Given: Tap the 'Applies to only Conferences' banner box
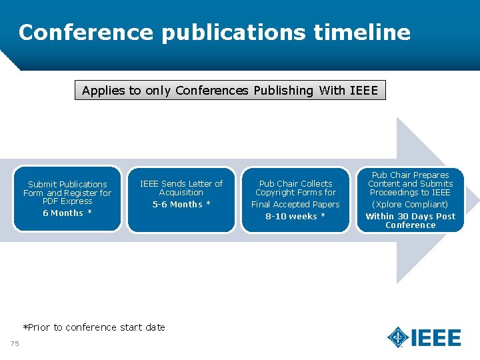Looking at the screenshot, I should click(x=229, y=90).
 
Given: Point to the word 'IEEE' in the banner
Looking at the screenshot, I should click(x=363, y=90).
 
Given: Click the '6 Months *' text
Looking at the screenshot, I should click(x=67, y=213).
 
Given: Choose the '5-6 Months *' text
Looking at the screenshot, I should click(x=181, y=205).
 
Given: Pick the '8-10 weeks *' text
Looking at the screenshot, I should click(x=295, y=217).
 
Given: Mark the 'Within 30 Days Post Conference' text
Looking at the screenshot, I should click(x=411, y=221).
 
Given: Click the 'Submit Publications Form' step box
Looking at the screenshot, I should click(x=67, y=199).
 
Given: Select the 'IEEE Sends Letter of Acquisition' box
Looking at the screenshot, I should click(x=181, y=199).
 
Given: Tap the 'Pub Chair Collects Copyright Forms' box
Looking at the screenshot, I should click(x=295, y=199).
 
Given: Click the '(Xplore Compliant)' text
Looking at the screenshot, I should click(x=411, y=205).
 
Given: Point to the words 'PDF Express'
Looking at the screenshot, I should click(x=67, y=201).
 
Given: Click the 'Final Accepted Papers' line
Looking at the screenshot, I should click(x=295, y=205).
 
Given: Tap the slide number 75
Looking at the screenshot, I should click(x=15, y=343).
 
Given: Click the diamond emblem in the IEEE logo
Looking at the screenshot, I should click(x=398, y=337).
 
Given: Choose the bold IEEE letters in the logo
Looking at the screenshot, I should click(x=436, y=338).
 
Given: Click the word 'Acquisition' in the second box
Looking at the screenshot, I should click(x=181, y=193).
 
